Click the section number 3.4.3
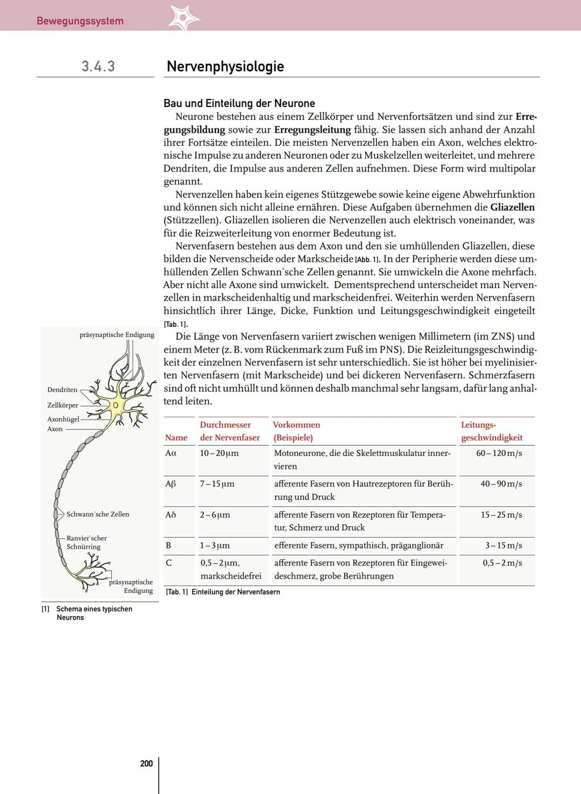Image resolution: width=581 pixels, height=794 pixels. point(98,66)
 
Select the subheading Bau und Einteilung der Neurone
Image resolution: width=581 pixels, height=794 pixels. point(239,103)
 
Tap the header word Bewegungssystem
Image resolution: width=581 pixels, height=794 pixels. point(80,21)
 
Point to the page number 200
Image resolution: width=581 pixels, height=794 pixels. point(146,763)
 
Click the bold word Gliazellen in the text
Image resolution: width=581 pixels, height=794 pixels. point(512,207)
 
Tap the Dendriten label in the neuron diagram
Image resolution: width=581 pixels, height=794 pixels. point(62,390)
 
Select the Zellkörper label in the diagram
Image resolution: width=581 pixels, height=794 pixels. point(63,405)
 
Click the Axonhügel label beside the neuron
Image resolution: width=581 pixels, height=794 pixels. point(63,419)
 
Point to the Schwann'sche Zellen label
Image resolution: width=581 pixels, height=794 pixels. point(98,514)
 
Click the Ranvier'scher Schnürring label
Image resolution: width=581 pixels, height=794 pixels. point(86,542)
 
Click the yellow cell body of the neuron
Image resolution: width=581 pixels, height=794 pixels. point(115,404)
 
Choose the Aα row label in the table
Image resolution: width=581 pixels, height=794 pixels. point(171,453)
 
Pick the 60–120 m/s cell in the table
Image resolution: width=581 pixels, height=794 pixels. point(499,453)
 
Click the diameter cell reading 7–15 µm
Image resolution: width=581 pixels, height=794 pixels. point(217,484)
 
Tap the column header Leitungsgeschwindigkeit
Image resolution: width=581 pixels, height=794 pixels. point(491,431)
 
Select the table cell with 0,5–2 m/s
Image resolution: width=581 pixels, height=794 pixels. point(502,563)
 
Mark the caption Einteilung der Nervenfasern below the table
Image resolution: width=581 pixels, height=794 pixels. point(235,592)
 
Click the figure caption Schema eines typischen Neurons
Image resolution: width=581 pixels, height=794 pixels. point(94,613)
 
